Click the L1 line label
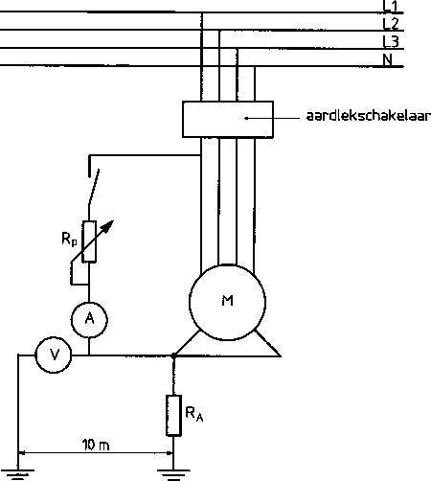390,7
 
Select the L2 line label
391,24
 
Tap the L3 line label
391,42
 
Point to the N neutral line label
387,59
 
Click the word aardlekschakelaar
369,116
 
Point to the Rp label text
69,239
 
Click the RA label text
194,414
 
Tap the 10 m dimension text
96,445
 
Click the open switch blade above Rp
94,187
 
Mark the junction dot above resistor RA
173,355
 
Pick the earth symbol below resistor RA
173,474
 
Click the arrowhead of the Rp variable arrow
109,224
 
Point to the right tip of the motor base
281,355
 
